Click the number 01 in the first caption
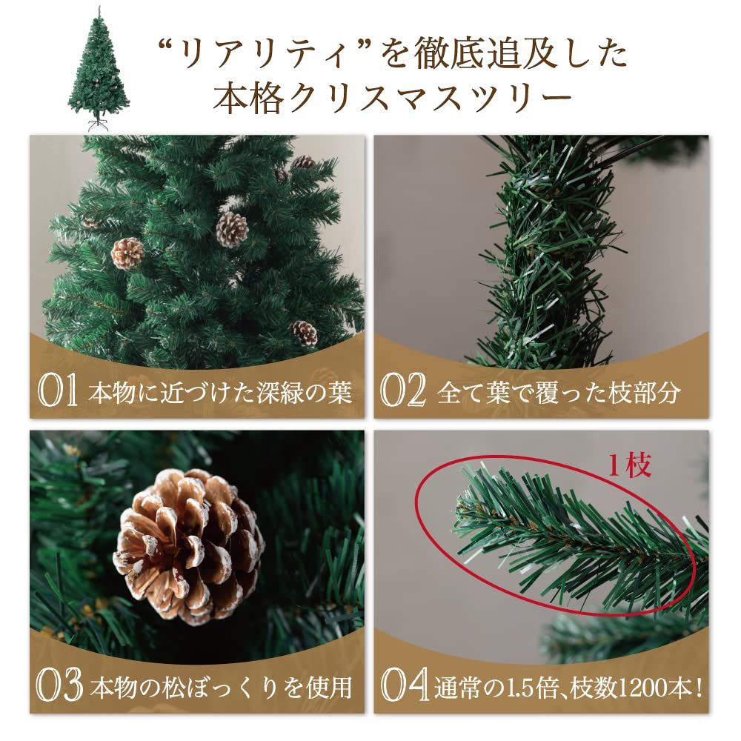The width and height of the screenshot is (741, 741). coord(58,393)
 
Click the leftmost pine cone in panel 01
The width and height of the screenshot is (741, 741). coord(127,253)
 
